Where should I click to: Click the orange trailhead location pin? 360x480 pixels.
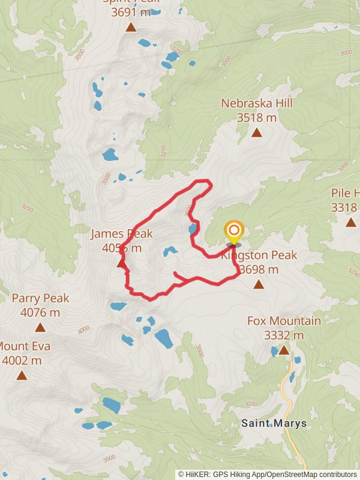point(233,232)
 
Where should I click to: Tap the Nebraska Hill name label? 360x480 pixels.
point(257,104)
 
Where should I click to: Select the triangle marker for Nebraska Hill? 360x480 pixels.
point(257,133)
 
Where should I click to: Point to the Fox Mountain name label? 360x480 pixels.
point(284,321)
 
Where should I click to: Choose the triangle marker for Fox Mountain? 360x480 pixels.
point(283,350)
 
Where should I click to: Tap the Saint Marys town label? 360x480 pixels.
point(274,423)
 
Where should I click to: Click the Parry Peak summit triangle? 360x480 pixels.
point(40,327)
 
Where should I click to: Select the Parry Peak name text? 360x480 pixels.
point(40,298)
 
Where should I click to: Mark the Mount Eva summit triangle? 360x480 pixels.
point(22,376)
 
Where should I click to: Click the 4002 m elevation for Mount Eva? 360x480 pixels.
point(22,361)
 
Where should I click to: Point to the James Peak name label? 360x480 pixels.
point(122,234)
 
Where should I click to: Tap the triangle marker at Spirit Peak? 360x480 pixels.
point(130,27)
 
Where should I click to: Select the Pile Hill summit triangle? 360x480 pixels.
point(350,222)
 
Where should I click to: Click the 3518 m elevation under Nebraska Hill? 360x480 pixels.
point(257,118)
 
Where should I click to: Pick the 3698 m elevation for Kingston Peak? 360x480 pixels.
point(259,270)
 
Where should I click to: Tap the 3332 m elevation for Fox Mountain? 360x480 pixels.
point(284,335)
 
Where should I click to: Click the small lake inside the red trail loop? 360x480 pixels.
point(170,251)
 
